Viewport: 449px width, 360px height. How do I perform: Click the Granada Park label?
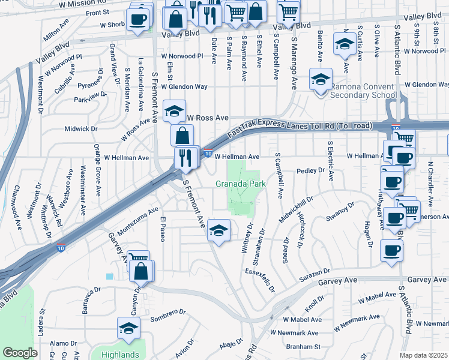click(x=240, y=184)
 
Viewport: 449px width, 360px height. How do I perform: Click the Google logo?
click(x=20, y=353)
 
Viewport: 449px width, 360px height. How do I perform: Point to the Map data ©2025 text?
click(x=424, y=355)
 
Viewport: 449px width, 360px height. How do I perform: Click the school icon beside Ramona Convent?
click(x=321, y=79)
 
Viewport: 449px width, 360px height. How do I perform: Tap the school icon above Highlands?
click(x=128, y=328)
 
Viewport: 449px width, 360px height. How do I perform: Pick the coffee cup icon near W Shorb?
click(x=138, y=19)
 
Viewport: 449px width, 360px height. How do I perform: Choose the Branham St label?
click(x=304, y=346)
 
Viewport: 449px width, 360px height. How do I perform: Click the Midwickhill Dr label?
click(x=296, y=209)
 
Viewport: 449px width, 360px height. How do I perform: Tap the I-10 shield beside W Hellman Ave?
click(x=208, y=153)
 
